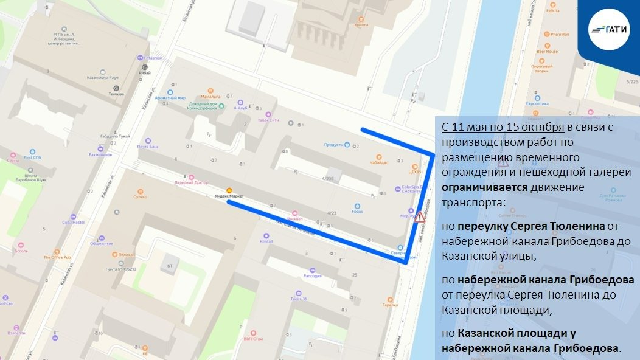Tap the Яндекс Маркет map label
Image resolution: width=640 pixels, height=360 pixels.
click(230, 196)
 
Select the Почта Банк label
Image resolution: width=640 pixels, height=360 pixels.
click(148, 147)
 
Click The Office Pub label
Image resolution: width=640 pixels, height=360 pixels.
click(57, 257)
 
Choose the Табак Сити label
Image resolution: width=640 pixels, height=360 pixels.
click(268, 120)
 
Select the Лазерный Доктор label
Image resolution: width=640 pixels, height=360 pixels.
click(192, 182)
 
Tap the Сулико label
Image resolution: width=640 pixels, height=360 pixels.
click(141, 197)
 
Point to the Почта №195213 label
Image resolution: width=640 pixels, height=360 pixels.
click(121, 268)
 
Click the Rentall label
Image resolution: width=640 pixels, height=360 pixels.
click(266, 241)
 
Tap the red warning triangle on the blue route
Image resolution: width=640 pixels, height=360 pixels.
click(419, 218)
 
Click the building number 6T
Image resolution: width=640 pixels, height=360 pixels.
click(170, 266)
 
